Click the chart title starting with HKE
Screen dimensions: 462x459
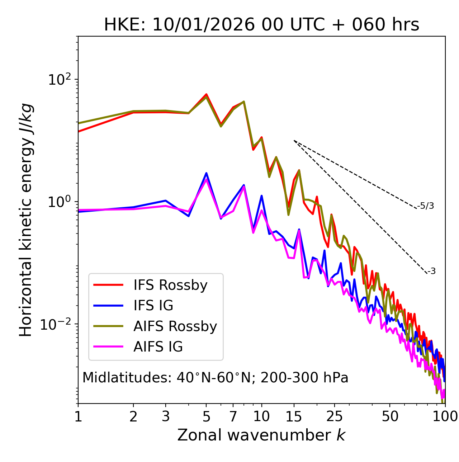pyautogui.click(x=261, y=25)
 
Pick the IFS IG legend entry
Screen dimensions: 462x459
pyautogui.click(x=153, y=306)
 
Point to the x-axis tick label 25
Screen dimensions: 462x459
pyautogui.click(x=334, y=416)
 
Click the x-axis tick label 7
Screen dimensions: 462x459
pyautogui.click(x=233, y=416)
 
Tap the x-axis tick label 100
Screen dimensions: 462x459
pyautogui.click(x=445, y=416)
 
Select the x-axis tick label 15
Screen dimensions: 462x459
pyautogui.click(x=294, y=416)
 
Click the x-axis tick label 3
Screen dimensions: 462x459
pyautogui.click(x=166, y=416)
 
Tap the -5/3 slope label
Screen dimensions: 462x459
pyautogui.click(x=426, y=206)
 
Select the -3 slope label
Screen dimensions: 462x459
pyautogui.click(x=431, y=271)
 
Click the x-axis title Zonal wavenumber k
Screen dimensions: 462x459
pyautogui.click(x=261, y=435)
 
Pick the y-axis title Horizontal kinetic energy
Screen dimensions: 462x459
pyautogui.click(x=26, y=220)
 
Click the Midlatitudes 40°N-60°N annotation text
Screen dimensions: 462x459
pyautogui.click(x=215, y=378)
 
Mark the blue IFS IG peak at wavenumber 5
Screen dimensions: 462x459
pyautogui.click(x=206, y=173)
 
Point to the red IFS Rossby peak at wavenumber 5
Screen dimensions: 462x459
pyautogui.click(x=206, y=94)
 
